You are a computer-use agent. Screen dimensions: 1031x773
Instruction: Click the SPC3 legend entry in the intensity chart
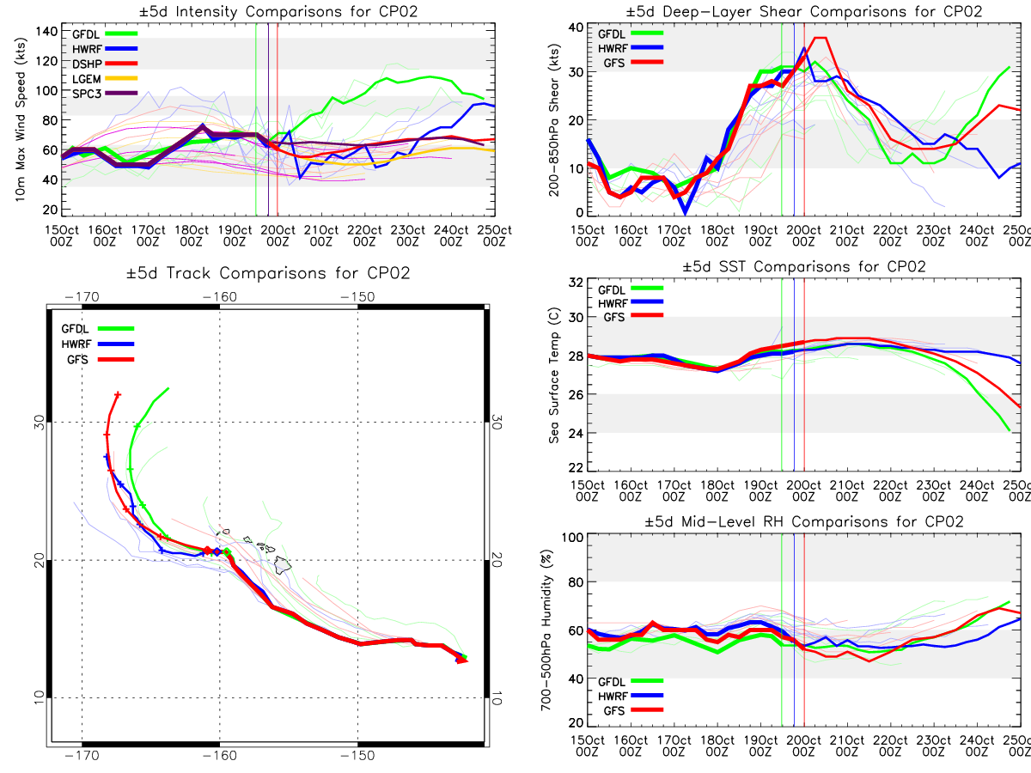tap(105, 94)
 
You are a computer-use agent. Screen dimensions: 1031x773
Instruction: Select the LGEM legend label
tap(87, 79)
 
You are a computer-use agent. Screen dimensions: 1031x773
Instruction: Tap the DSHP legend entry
tap(105, 64)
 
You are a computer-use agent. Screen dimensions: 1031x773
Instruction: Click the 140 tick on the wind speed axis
tap(46, 32)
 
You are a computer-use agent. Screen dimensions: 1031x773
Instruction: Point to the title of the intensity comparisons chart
tap(278, 11)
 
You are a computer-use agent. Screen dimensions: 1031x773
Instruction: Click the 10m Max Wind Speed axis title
tap(20, 120)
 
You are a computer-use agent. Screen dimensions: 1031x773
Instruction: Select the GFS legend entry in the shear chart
tap(633, 63)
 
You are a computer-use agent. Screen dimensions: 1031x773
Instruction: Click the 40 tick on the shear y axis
tap(576, 27)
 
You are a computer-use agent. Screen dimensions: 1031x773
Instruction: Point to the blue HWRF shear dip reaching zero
tap(686, 212)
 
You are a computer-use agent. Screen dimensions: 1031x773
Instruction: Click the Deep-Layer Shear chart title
tap(803, 11)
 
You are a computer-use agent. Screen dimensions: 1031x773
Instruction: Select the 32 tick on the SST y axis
tap(576, 283)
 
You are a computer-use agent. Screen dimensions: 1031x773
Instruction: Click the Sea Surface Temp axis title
tap(554, 375)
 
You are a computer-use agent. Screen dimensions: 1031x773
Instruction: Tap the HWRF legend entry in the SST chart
tap(631, 303)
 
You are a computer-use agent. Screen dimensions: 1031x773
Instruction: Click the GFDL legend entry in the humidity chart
tap(631, 681)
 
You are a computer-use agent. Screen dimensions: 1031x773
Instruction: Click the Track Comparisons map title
tap(268, 273)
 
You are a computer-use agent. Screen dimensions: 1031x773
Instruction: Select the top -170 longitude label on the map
tap(82, 297)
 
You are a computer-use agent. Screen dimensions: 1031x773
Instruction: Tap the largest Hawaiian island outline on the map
tap(283, 564)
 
